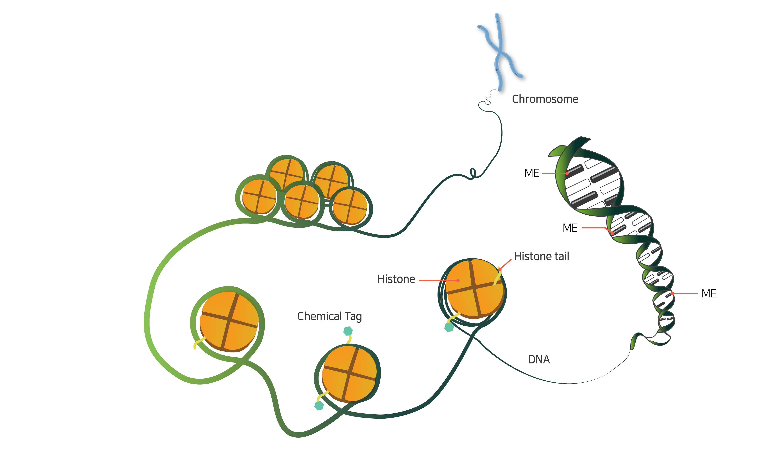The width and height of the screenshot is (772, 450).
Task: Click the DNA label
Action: click(x=539, y=360)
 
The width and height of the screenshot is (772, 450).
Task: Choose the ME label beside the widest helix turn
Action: click(x=531, y=173)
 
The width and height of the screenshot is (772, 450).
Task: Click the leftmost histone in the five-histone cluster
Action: click(x=259, y=196)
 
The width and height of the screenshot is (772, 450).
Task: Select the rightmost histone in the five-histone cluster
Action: click(x=350, y=207)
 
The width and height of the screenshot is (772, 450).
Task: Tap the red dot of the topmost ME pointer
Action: click(x=567, y=173)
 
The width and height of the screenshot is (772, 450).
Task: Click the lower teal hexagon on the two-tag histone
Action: click(x=319, y=406)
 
